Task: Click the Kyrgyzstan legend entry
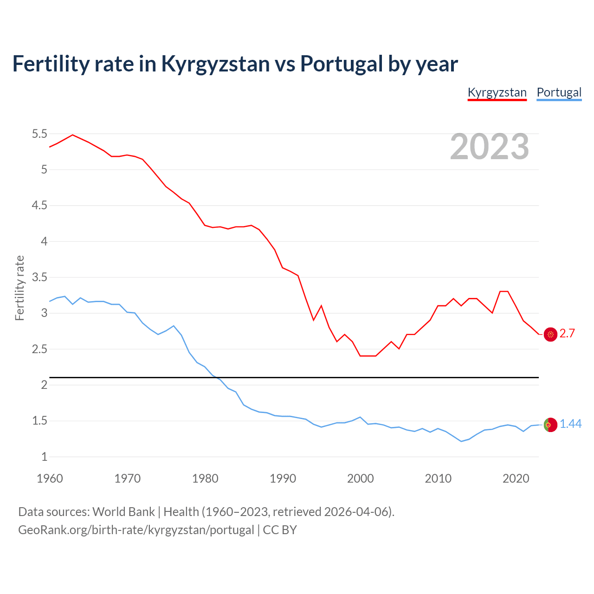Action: click(x=497, y=92)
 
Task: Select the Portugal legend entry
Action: click(x=559, y=92)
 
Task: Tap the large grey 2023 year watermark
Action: click(x=490, y=147)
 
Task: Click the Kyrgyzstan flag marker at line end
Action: click(x=550, y=334)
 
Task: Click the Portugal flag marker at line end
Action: click(x=550, y=425)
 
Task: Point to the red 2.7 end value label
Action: click(x=567, y=334)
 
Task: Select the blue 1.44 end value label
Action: click(x=570, y=424)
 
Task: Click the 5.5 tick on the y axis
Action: click(x=39, y=134)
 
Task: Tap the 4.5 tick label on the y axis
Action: click(x=39, y=206)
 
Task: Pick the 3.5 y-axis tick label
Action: click(x=39, y=278)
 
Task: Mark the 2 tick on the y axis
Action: click(x=44, y=385)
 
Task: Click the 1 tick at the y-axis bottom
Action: click(x=44, y=457)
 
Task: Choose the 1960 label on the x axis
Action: click(x=50, y=478)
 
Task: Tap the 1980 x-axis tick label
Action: click(x=205, y=478)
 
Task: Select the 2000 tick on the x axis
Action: click(x=360, y=478)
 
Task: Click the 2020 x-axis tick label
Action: click(x=516, y=478)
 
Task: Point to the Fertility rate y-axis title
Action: click(x=19, y=288)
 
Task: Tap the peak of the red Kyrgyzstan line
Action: click(x=72, y=135)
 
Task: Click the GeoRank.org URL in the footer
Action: click(x=136, y=530)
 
